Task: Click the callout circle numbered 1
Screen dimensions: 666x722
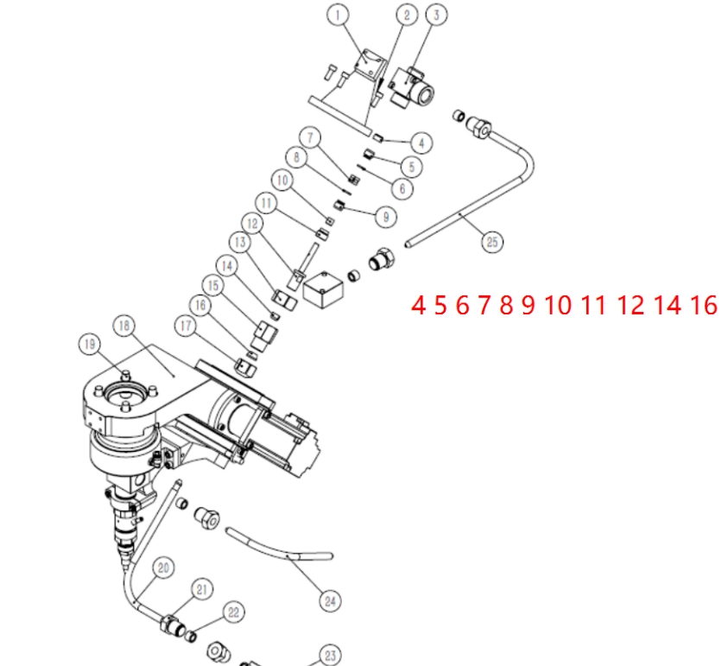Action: pyautogui.click(x=338, y=14)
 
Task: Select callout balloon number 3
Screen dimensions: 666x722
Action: pyautogui.click(x=437, y=14)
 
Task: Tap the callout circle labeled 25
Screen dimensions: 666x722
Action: pyautogui.click(x=492, y=242)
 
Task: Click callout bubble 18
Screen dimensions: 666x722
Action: pyautogui.click(x=125, y=325)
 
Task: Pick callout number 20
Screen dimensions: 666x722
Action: pyautogui.click(x=164, y=568)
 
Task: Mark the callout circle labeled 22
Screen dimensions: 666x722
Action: pyautogui.click(x=234, y=612)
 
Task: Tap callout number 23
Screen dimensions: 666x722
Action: pyautogui.click(x=330, y=654)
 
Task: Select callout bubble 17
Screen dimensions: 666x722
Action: pyautogui.click(x=186, y=326)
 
